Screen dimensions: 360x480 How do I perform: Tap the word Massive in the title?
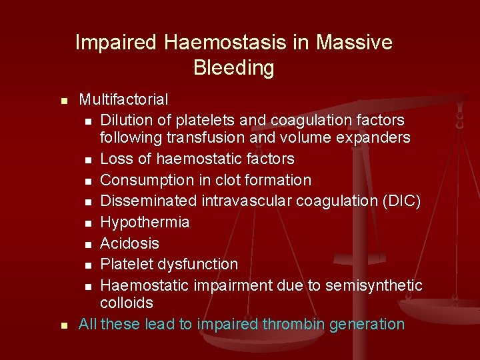pyautogui.click(x=354, y=43)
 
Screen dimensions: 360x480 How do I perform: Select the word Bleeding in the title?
pyautogui.click(x=233, y=67)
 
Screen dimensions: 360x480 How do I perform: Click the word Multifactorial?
pyautogui.click(x=123, y=99)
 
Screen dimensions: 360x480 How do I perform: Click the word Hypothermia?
pyautogui.click(x=145, y=222)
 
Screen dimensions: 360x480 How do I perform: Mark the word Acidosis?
pyautogui.click(x=130, y=243)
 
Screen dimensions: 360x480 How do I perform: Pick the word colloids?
pyautogui.click(x=127, y=303)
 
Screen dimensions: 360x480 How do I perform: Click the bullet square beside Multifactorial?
pyautogui.click(x=63, y=101)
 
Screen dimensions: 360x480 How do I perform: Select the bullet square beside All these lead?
pyautogui.click(x=63, y=325)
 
